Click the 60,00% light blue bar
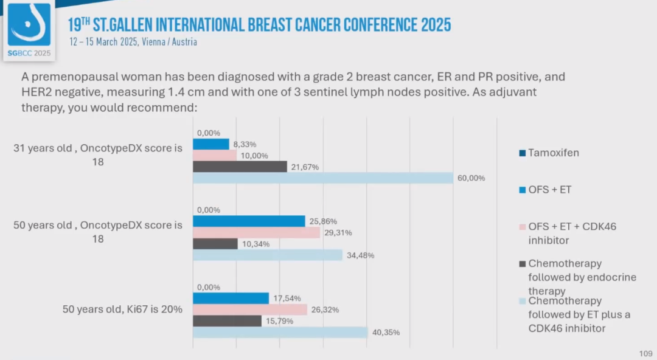click(323, 178)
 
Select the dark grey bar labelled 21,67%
click(240, 167)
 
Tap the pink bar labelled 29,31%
click(256, 232)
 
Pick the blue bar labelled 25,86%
click(249, 221)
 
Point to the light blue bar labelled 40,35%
click(280, 332)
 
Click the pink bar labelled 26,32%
click(250, 310)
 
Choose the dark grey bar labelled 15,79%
click(227, 320)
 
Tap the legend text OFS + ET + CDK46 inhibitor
click(572, 233)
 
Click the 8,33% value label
click(244, 144)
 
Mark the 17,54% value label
click(283, 299)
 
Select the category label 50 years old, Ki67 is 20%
click(122, 309)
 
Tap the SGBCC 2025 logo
click(29, 29)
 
